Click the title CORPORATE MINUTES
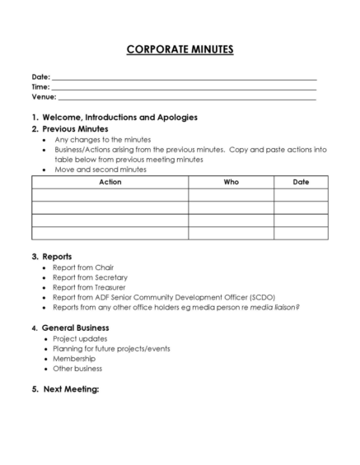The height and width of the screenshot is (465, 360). click(x=180, y=49)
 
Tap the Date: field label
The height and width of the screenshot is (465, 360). click(x=40, y=77)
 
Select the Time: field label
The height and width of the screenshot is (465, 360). click(x=40, y=86)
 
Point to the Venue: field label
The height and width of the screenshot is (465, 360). click(x=44, y=96)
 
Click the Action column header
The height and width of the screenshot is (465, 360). click(x=110, y=182)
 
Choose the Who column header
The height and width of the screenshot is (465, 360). click(x=231, y=182)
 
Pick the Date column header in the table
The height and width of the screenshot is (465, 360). click(x=301, y=182)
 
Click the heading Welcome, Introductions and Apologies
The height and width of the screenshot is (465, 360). click(x=119, y=117)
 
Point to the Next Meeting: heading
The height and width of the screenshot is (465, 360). click(x=71, y=388)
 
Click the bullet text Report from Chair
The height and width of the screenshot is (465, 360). click(x=83, y=267)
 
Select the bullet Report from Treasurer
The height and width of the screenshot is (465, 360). click(x=89, y=287)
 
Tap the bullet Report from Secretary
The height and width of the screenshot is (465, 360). click(x=89, y=277)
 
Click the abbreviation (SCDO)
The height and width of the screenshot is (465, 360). click(x=261, y=297)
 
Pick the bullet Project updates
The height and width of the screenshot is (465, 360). click(x=80, y=338)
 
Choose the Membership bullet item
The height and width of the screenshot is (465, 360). click(x=74, y=359)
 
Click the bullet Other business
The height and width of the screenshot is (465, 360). click(x=77, y=369)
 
